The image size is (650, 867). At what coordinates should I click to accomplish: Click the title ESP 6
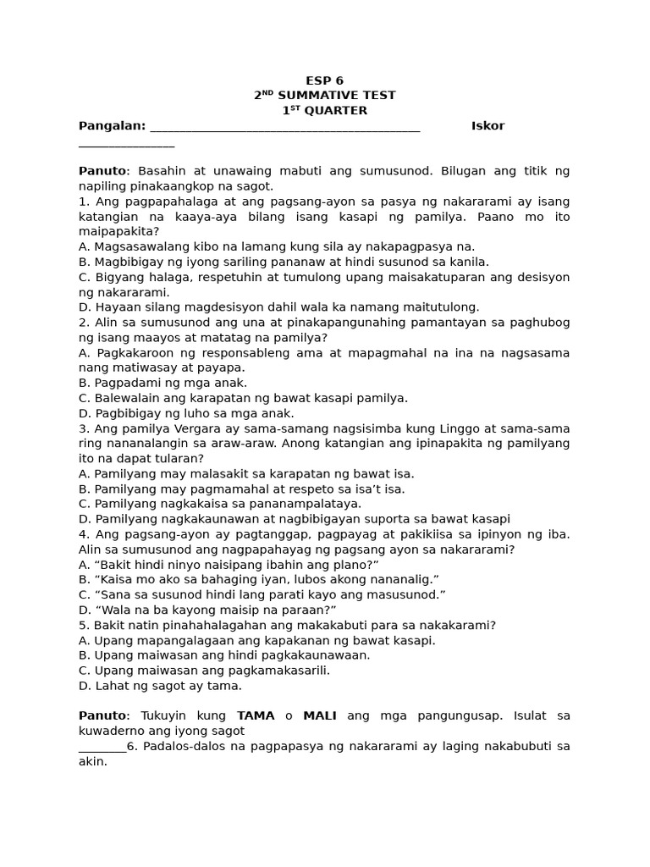tap(324, 80)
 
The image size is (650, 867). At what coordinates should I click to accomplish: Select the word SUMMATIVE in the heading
tap(325, 96)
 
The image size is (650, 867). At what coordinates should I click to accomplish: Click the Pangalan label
tap(111, 126)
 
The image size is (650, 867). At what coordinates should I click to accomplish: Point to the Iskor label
tap(487, 126)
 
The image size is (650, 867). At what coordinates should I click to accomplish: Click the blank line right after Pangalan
tap(284, 128)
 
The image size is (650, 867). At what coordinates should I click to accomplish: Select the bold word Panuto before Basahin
tap(102, 171)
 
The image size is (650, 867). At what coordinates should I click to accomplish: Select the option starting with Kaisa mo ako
tap(258, 579)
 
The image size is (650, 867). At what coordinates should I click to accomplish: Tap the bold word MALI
tap(320, 716)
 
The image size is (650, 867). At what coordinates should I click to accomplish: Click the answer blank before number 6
tap(102, 747)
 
